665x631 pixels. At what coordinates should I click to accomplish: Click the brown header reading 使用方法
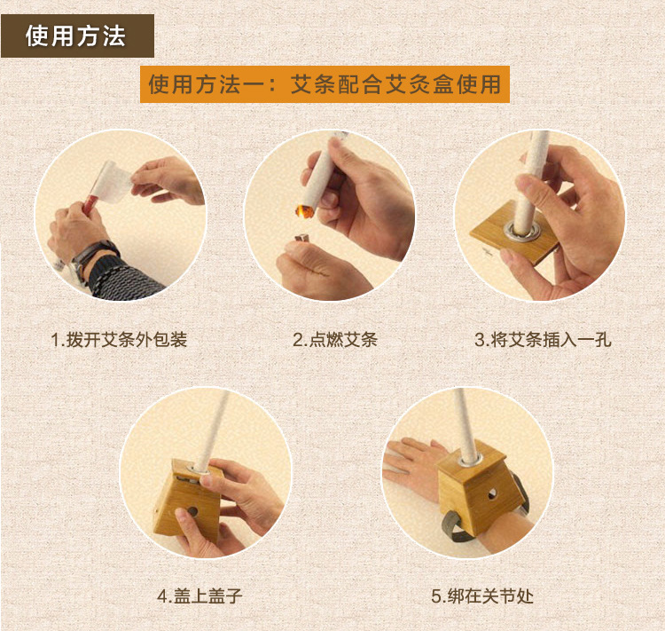point(77,35)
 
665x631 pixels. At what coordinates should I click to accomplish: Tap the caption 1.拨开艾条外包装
point(119,340)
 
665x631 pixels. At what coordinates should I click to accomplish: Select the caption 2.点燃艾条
point(335,340)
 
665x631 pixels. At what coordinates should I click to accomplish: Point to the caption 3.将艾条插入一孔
point(543,340)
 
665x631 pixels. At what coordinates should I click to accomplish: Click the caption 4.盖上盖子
point(199,596)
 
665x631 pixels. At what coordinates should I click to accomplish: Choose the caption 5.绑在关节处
point(482,596)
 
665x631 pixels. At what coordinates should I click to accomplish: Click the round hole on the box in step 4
point(192,511)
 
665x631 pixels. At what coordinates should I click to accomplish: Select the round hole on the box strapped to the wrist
point(492,494)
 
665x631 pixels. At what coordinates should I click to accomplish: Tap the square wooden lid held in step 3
point(514,233)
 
